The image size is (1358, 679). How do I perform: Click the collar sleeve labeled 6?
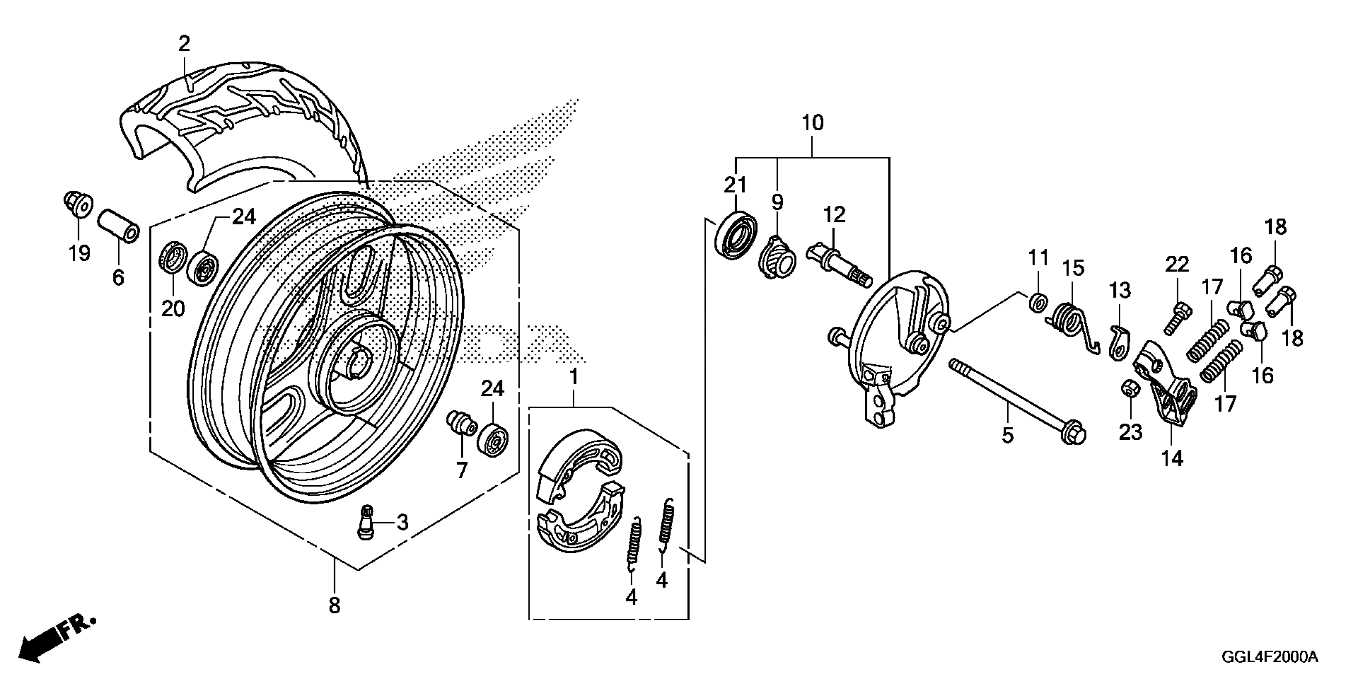pos(119,226)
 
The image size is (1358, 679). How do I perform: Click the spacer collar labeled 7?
pos(461,424)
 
